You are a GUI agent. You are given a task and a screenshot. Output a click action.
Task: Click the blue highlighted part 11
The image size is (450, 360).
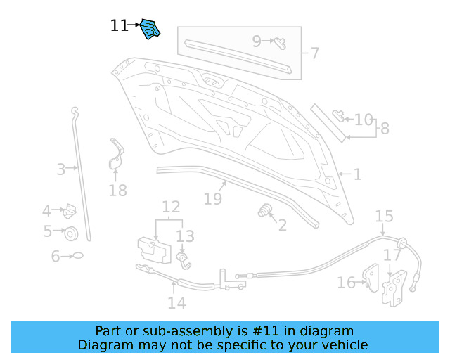coord(150,29)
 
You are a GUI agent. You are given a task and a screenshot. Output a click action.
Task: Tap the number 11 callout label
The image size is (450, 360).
coord(119,26)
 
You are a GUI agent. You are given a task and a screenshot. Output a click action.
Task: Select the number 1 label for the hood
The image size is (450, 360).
coord(357,174)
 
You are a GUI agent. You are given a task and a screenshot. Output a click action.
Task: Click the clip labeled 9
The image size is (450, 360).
coord(279,41)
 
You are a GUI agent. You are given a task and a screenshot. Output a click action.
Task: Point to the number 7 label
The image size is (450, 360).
coord(314,53)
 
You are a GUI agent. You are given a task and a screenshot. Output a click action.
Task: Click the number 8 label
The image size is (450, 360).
coord(384,129)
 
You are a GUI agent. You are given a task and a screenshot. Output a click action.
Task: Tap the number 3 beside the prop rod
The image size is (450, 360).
coord(61,169)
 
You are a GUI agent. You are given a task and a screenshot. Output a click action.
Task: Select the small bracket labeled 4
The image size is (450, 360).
coord(70,210)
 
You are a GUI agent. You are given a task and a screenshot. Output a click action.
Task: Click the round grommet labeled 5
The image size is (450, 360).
coord(71,233)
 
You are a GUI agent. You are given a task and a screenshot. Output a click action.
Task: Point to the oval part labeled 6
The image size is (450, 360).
coord(77,256)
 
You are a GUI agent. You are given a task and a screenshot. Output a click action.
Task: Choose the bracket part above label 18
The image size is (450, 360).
coord(115,156)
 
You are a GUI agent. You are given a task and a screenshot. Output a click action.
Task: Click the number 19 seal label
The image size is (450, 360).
coord(213,199)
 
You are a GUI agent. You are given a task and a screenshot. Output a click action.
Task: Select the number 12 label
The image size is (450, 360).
coord(171,207)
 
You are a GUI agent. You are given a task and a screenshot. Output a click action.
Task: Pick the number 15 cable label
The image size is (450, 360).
coord(384,216)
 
